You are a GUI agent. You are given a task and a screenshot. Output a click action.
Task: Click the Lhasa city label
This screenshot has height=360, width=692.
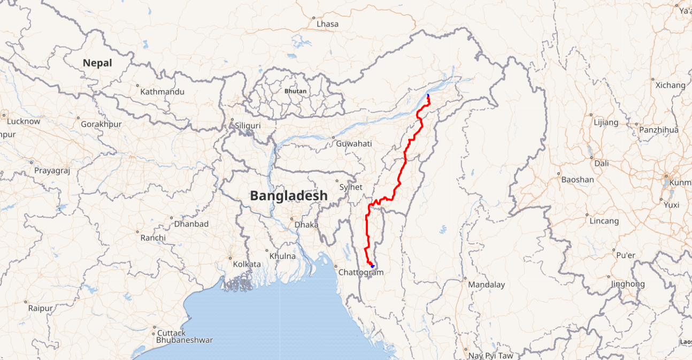click(x=327, y=24)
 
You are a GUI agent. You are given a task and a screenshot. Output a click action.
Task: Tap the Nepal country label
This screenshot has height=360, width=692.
click(x=97, y=63)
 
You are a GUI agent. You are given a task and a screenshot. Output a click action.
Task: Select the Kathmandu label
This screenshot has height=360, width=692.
click(x=162, y=91)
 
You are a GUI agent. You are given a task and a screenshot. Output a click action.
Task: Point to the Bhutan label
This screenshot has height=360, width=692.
click(x=295, y=91)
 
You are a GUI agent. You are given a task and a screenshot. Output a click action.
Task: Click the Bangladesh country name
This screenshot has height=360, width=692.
click(x=289, y=196)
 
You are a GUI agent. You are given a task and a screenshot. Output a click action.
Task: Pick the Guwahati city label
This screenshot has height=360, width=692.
click(x=353, y=143)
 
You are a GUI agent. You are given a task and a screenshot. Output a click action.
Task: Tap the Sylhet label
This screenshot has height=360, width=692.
click(x=351, y=187)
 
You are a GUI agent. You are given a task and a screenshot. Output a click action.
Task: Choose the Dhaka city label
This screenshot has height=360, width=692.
click(x=306, y=225)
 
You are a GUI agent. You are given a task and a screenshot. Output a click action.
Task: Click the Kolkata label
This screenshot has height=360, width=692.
click(x=247, y=264)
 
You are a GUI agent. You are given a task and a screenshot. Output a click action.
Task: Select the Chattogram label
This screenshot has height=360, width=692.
click(x=361, y=272)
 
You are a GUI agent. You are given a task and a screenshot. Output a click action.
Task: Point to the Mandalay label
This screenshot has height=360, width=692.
click(x=486, y=285)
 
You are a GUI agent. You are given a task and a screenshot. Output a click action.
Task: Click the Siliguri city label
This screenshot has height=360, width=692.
click(x=248, y=126)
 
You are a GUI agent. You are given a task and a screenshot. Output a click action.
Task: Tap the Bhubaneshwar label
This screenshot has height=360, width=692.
click(x=184, y=340)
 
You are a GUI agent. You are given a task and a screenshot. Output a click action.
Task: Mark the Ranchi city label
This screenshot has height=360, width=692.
click(x=153, y=238)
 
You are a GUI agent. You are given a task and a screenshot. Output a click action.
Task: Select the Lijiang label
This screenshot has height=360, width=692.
click(x=606, y=122)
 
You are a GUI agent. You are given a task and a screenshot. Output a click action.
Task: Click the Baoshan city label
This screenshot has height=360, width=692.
click(x=578, y=180)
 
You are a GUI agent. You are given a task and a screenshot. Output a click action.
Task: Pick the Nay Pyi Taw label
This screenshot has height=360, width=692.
click(x=490, y=356)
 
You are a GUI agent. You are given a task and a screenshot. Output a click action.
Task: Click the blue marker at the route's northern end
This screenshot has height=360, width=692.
click(x=428, y=96)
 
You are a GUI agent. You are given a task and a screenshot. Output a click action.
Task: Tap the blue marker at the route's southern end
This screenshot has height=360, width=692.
click(x=372, y=266)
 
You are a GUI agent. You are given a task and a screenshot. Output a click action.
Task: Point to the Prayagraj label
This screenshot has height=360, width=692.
click(x=52, y=171)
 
